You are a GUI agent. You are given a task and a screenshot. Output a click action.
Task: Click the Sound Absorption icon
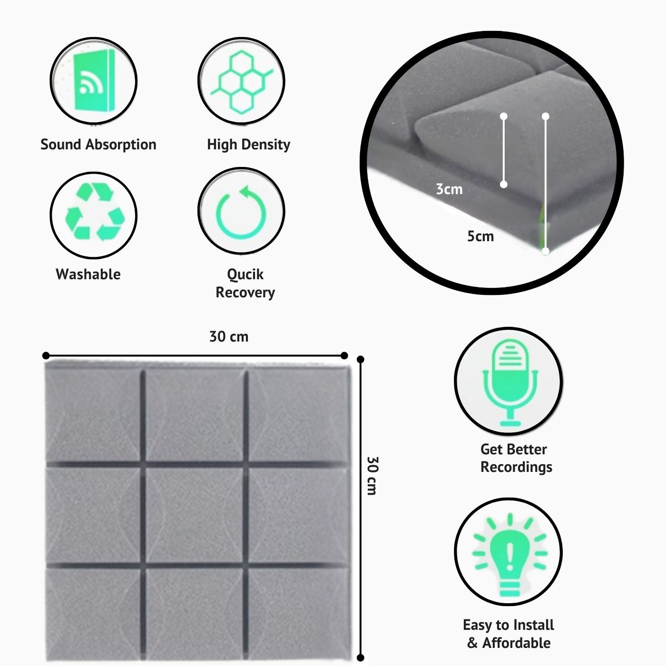[94, 80]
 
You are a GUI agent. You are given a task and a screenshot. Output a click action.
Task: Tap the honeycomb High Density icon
[241, 81]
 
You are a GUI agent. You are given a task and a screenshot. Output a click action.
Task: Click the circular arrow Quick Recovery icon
[241, 211]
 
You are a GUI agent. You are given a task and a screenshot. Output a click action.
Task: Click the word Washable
[88, 274]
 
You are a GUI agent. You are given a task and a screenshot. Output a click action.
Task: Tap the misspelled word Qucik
[245, 274]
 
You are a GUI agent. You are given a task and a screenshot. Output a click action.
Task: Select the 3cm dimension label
[449, 189]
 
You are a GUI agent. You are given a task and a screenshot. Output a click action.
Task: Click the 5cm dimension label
[480, 236]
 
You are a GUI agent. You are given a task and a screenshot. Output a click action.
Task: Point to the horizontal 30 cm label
[229, 337]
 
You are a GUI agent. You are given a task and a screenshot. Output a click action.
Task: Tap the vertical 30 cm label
[372, 476]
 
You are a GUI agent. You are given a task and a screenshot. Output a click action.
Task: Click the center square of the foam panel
[194, 514]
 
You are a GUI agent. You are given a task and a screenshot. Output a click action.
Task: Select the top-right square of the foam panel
[298, 415]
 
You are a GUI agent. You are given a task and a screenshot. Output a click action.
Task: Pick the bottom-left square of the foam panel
[93, 614]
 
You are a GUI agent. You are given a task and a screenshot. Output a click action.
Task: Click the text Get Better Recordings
[516, 458]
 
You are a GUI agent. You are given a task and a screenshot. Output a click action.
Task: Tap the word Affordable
[516, 643]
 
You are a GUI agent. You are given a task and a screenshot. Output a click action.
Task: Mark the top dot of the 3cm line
[504, 117]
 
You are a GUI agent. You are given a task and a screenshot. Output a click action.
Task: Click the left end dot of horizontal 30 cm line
[46, 356]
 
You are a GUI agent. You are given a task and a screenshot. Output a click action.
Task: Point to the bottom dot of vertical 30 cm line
[361, 658]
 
